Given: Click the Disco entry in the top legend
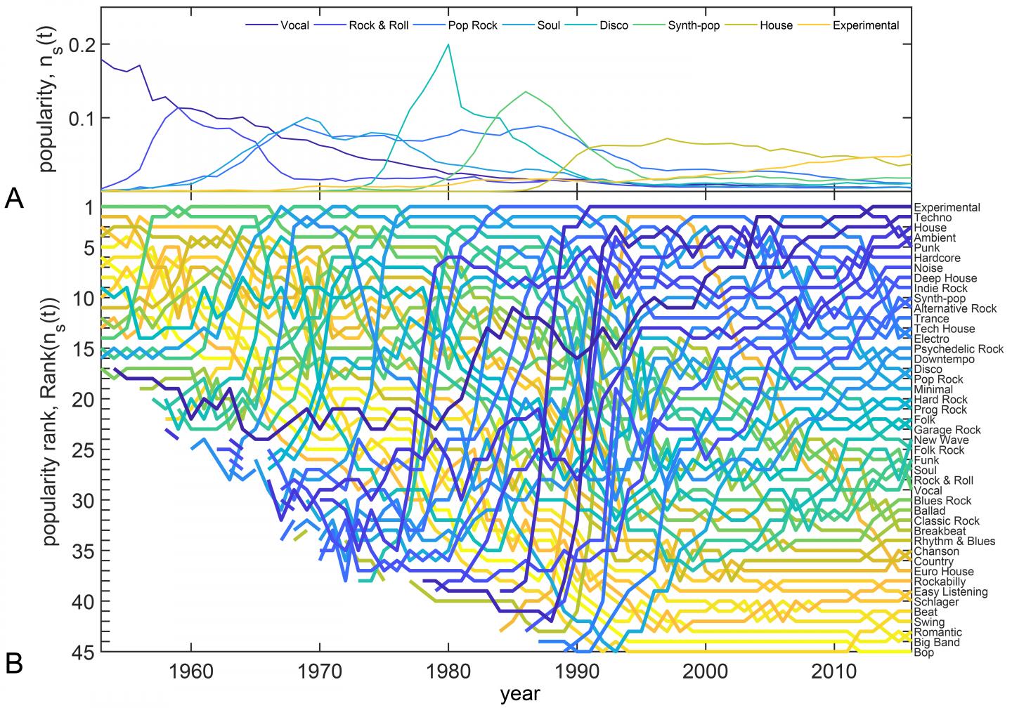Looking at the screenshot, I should tap(614, 25).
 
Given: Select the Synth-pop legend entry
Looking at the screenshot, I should tap(693, 25).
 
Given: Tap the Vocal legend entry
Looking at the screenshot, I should tap(294, 25).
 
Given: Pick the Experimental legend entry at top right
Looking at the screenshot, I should tap(865, 25).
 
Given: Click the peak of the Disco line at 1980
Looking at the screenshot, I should tap(448, 44).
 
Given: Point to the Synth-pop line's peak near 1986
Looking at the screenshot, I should tap(526, 91).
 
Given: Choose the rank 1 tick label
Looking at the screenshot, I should tap(89, 207).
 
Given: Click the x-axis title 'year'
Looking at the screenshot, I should tap(520, 694).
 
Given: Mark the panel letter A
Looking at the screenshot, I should tap(15, 200).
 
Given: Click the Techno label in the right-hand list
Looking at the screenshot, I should tap(933, 218).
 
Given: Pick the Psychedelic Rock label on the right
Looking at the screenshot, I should tap(959, 349).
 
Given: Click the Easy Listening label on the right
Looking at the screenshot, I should tap(950, 592).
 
